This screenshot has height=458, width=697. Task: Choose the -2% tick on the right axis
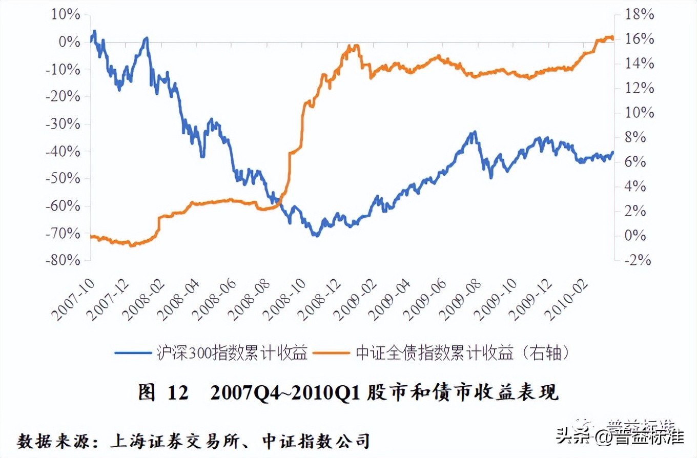635,261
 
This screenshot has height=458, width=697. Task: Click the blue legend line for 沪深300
132,353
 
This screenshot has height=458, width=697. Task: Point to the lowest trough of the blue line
316,236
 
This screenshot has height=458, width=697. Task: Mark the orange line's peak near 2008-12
354,46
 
